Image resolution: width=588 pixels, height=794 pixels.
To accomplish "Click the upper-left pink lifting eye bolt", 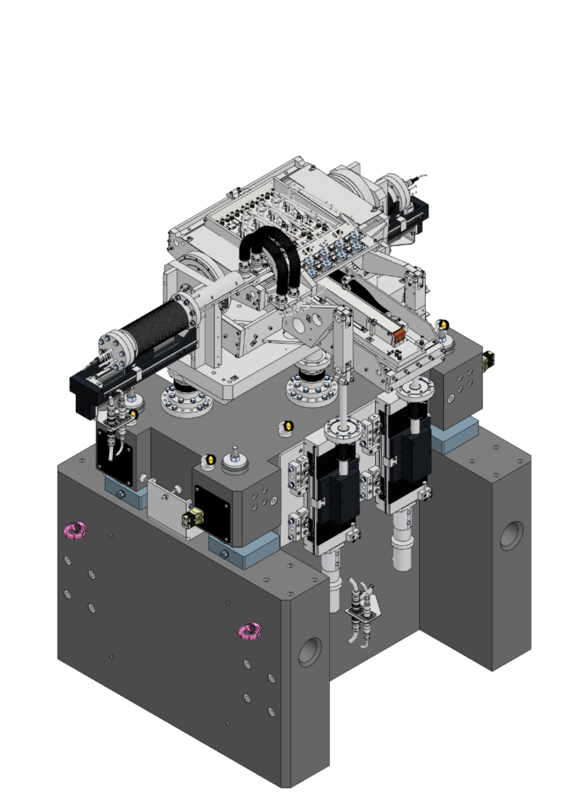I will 74,530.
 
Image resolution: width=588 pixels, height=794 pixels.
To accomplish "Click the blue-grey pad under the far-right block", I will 449,439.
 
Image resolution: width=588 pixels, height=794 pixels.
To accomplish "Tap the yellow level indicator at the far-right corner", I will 444,325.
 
